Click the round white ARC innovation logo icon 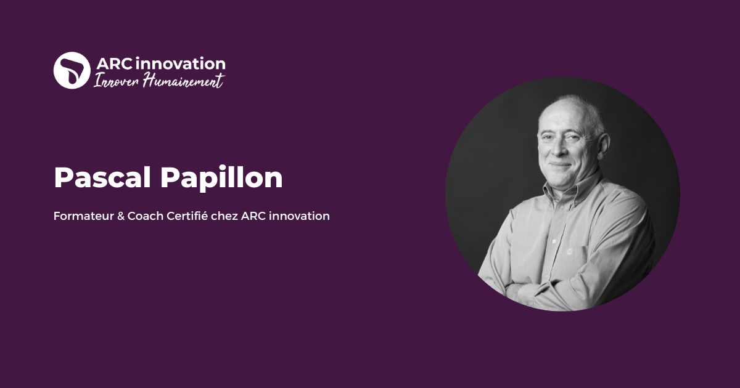click(72, 70)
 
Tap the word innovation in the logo click(180, 63)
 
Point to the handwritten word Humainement click(183, 81)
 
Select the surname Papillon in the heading click(221, 178)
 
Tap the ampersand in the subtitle click(120, 217)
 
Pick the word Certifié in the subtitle click(187, 217)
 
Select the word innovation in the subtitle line click(299, 217)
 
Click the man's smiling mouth click(559, 165)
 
